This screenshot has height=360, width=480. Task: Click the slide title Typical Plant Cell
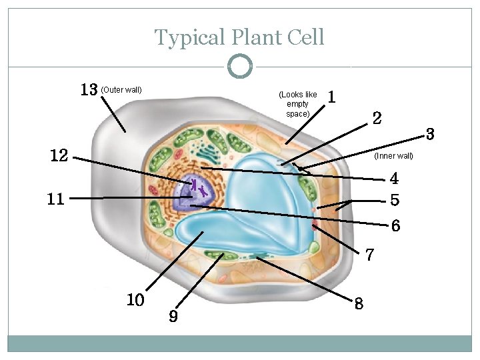click(x=239, y=37)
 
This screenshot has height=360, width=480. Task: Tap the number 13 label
click(x=89, y=89)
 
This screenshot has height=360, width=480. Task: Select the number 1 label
click(x=331, y=97)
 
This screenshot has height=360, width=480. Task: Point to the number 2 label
click(x=377, y=119)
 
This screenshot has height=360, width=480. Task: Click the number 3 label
click(x=430, y=135)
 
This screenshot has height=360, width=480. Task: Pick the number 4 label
click(x=394, y=179)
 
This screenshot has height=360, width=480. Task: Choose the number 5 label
click(x=395, y=199)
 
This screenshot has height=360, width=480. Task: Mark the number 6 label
click(x=395, y=226)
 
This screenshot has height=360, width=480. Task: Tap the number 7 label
click(x=370, y=254)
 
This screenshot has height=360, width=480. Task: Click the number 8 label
click(x=359, y=303)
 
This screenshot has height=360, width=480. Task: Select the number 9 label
click(x=173, y=316)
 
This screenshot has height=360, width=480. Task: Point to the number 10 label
click(x=135, y=300)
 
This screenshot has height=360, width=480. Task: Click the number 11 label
click(x=56, y=199)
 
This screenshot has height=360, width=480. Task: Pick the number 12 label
click(x=59, y=156)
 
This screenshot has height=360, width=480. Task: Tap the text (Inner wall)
click(x=394, y=156)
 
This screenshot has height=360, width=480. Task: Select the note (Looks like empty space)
click(x=297, y=104)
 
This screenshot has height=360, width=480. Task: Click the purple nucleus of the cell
click(x=191, y=193)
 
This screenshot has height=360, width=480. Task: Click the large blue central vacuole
click(x=267, y=200)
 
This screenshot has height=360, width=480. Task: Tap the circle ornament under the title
click(x=240, y=67)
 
